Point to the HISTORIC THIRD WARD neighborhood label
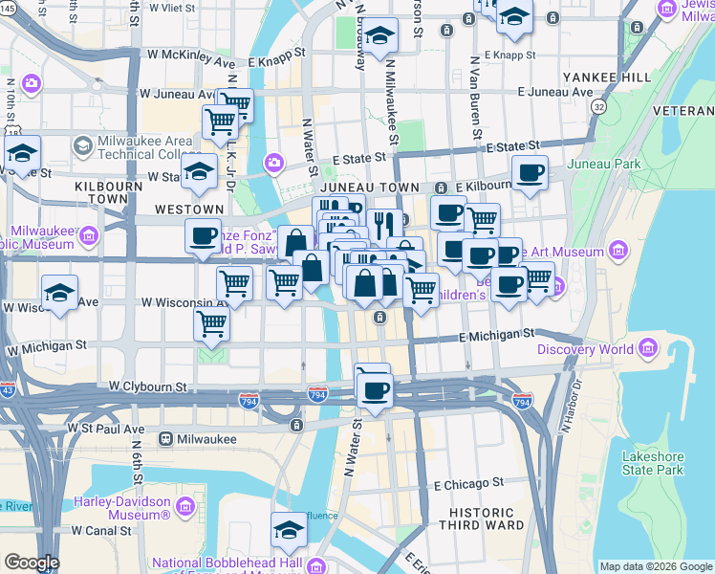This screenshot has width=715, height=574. point(482,518)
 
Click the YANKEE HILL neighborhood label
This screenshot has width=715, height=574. point(606,77)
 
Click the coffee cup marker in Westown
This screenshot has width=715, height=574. point(203,235)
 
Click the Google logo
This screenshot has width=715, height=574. point(31,563)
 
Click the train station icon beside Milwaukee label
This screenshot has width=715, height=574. point(166,439)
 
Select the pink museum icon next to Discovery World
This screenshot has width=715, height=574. point(650,347)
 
